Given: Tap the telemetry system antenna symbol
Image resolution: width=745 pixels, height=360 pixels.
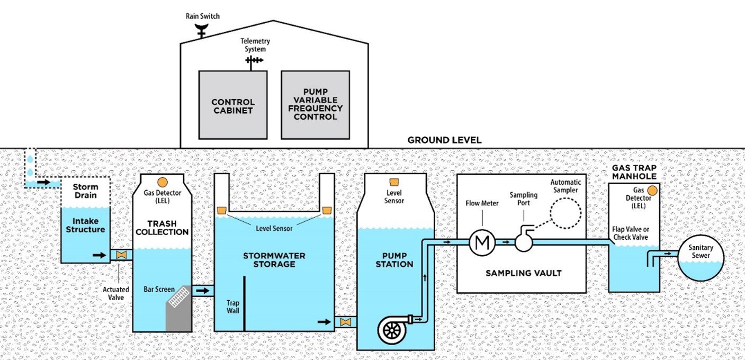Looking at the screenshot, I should [x=254, y=61].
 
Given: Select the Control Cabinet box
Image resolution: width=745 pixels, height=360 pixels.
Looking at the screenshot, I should [x=233, y=105].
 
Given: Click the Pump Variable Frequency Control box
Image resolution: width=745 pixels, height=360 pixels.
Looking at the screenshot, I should [x=315, y=105].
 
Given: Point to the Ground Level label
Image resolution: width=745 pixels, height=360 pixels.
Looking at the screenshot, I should [x=444, y=140].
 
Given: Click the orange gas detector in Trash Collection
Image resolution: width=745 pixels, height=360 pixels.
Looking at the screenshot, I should [x=163, y=183].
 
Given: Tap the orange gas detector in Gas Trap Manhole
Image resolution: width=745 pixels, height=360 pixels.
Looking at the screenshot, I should [x=652, y=190].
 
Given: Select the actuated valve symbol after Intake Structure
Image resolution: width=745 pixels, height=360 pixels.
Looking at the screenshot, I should [x=121, y=255].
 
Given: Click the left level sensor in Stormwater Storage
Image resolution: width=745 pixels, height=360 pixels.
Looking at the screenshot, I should [x=222, y=211].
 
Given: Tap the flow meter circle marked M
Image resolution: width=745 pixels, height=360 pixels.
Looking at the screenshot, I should [x=482, y=242].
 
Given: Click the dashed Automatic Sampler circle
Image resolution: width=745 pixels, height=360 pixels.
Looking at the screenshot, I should [x=565, y=213].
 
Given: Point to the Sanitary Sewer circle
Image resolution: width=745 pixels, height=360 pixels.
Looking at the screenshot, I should [x=701, y=257].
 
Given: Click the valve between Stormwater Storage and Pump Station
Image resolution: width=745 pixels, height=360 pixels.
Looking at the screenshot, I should [x=345, y=322].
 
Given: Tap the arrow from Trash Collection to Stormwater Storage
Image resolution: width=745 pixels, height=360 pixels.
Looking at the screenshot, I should [x=203, y=291].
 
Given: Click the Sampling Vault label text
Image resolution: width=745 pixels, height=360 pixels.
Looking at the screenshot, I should [x=523, y=273].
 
